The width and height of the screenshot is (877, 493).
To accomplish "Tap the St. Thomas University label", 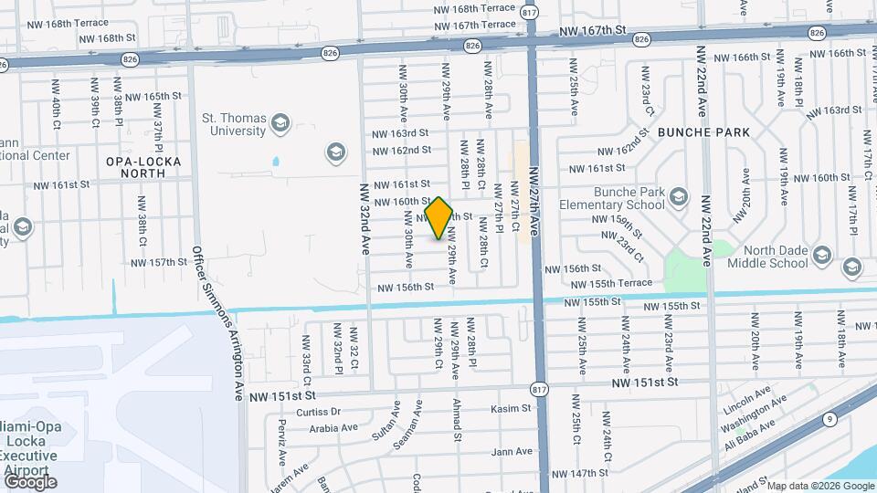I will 233,124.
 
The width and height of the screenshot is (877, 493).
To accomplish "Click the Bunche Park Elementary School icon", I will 678,197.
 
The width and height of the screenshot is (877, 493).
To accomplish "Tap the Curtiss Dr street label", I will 323,412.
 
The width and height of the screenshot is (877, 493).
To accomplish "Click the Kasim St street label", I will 511,409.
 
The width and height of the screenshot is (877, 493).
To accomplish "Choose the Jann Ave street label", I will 512,451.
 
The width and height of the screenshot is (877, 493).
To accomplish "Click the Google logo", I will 29,481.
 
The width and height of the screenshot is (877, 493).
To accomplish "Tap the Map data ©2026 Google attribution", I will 818,486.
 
